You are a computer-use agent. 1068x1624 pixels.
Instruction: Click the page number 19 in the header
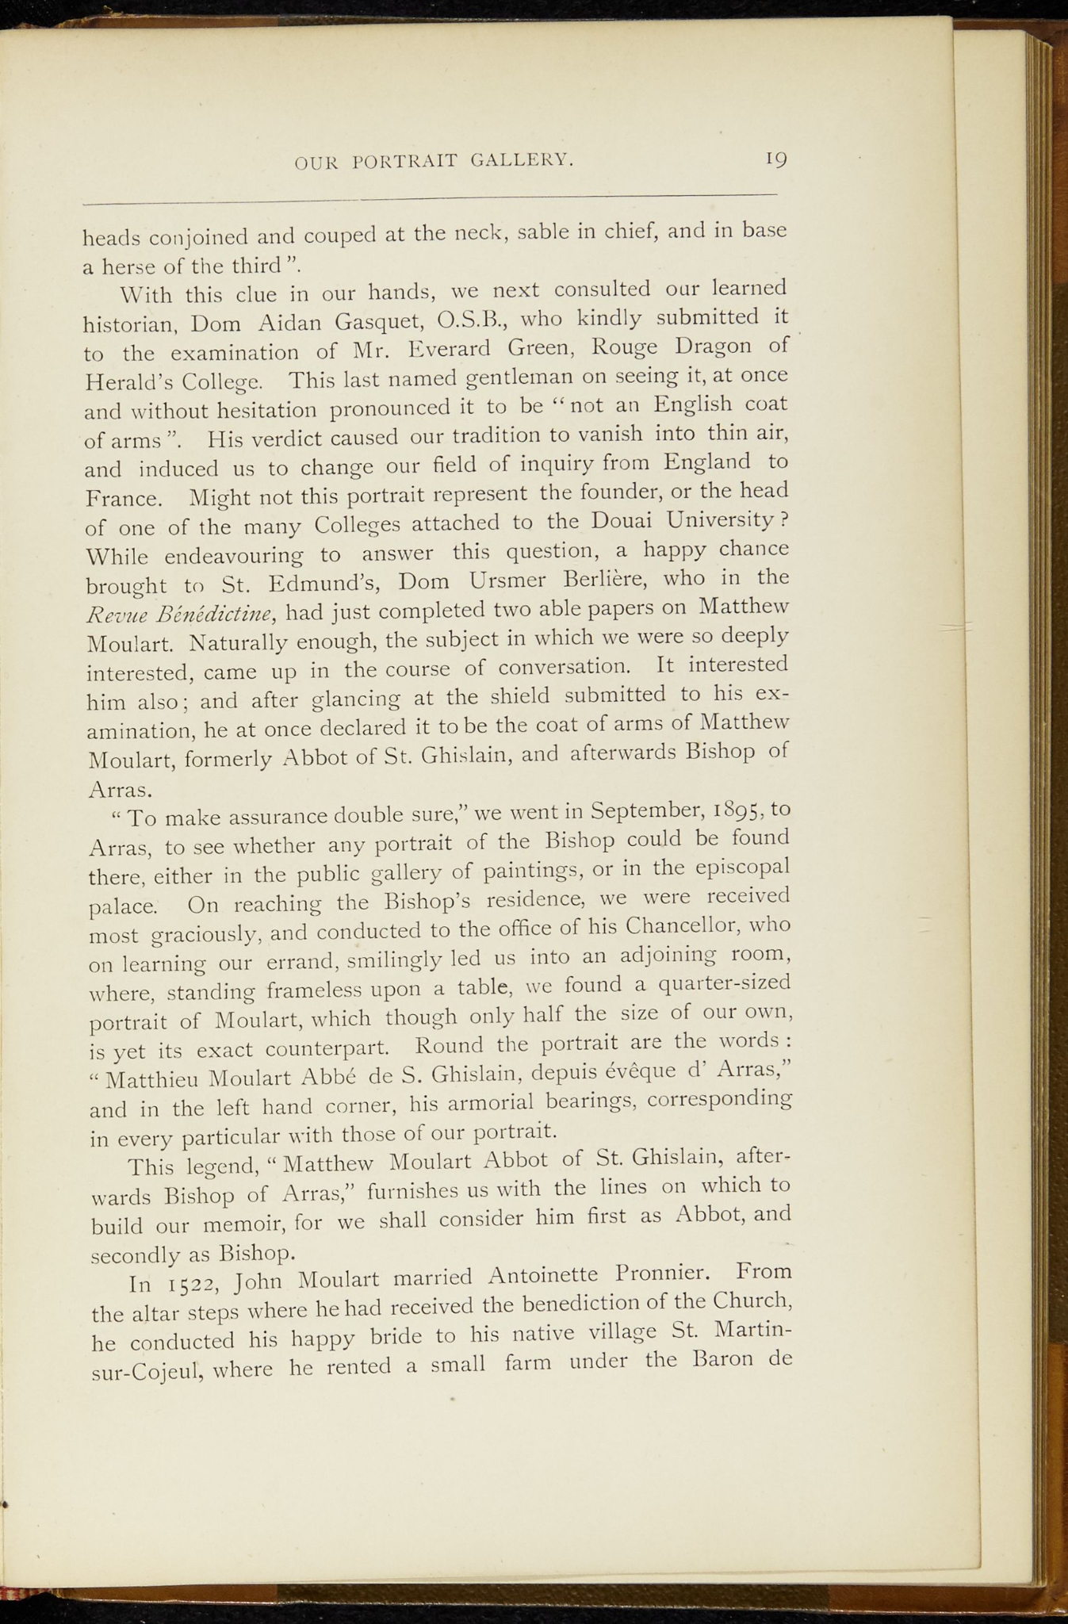776,159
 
